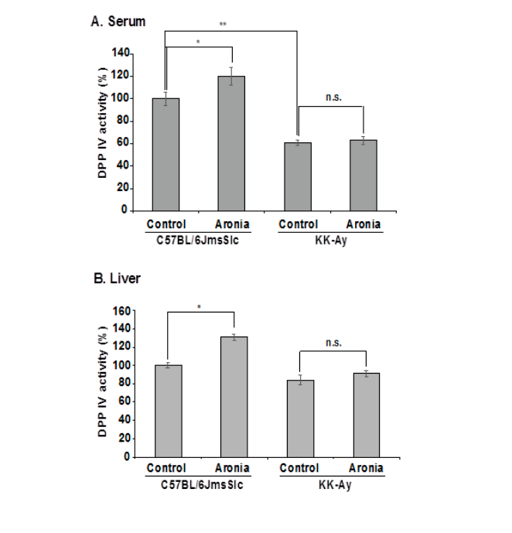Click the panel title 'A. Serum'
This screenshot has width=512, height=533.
tap(118, 22)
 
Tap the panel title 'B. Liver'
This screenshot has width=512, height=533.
tap(117, 278)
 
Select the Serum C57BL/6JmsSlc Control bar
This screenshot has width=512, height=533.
tap(166, 155)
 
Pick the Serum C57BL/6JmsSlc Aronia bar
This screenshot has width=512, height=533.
tap(231, 143)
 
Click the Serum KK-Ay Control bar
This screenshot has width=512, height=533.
tap(298, 176)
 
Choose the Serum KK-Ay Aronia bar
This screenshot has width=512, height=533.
tap(364, 176)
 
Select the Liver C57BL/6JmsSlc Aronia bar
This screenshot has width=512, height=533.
tap(234, 397)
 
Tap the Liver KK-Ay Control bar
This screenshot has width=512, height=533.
tap(300, 419)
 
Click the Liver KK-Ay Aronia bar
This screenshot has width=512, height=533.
tap(367, 415)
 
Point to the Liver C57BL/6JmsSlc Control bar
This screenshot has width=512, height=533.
tap(169, 412)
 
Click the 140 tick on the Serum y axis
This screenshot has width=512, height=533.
tap(121, 53)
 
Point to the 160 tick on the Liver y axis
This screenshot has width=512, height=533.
tap(122, 311)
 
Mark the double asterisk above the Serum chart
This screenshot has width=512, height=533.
tap(223, 24)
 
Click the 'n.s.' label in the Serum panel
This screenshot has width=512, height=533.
tap(333, 97)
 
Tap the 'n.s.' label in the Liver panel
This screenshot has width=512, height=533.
tap(333, 343)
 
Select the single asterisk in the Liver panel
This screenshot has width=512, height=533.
tap(200, 307)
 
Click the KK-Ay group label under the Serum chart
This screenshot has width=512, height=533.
tap(331, 241)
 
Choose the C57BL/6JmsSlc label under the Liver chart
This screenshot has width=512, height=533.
tap(202, 484)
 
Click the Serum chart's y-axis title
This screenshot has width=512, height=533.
tap(102, 122)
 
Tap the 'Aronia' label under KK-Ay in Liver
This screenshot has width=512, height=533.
tap(367, 468)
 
